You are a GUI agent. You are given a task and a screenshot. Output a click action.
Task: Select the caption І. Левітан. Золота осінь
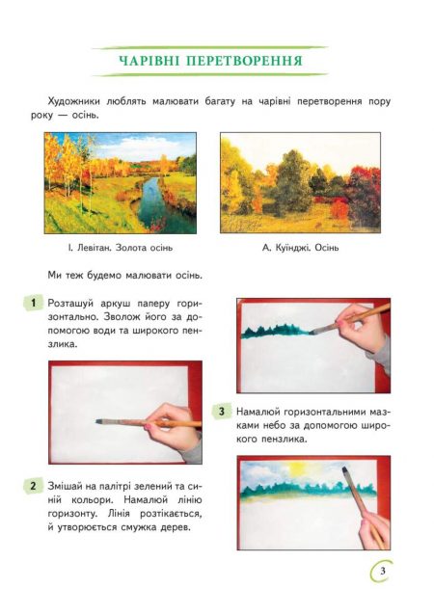click(x=120, y=248)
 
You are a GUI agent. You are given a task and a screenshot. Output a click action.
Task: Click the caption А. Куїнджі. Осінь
click(x=300, y=248)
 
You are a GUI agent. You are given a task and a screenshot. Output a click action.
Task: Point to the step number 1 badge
click(x=33, y=303)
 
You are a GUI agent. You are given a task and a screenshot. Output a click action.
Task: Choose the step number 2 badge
click(x=33, y=486)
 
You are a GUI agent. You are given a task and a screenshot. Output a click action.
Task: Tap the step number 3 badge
click(x=222, y=412)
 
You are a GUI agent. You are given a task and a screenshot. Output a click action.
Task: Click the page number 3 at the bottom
click(x=383, y=571)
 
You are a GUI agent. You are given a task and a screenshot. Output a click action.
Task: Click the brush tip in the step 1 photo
click(x=99, y=421)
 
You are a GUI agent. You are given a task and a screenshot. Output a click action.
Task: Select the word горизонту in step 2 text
click(x=69, y=514)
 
